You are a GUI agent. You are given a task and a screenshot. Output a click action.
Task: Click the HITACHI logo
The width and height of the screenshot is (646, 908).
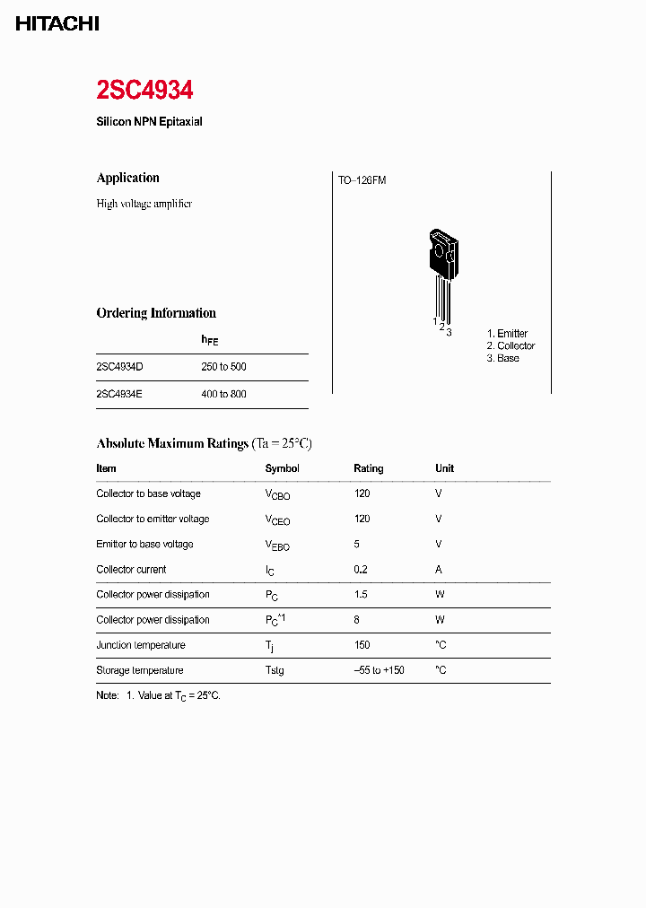pos(57,24)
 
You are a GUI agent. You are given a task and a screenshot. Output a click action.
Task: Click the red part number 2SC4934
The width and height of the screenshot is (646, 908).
pos(144,91)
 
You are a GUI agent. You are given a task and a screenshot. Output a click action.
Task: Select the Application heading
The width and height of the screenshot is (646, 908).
pos(127,178)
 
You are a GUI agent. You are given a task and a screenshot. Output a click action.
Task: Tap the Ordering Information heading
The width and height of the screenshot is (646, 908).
pos(156,313)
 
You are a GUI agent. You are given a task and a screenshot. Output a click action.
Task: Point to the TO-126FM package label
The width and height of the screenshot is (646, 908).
pos(362,180)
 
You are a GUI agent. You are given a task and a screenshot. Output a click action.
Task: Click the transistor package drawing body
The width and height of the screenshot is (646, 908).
pos(442,255)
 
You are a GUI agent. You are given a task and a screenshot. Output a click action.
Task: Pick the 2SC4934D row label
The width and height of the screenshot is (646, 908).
pos(119,367)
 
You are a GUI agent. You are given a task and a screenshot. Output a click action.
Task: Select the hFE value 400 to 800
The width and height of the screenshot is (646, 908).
pos(223,394)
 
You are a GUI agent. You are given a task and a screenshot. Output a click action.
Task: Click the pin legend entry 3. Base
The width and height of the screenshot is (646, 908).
pos(502,358)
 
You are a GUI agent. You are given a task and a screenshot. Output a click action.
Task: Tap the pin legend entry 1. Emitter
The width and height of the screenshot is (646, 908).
pos(507,333)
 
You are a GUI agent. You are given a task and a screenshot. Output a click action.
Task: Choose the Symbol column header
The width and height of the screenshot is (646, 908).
pos(282,468)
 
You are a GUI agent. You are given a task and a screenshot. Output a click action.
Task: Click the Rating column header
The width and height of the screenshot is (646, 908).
pos(368,468)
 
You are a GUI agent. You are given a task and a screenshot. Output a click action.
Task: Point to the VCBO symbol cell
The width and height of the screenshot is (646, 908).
pos(277,494)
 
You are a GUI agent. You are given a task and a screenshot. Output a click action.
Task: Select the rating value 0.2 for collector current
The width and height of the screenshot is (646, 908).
pos(361,569)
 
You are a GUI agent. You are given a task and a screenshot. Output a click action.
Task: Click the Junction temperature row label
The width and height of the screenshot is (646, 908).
pos(141,645)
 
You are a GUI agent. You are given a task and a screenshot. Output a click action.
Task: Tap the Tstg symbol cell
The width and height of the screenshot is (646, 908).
pos(275,670)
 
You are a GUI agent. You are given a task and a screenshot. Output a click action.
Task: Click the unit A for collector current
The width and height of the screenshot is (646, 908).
pos(439,569)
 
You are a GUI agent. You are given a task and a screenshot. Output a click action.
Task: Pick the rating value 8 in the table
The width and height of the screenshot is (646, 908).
pos(357,620)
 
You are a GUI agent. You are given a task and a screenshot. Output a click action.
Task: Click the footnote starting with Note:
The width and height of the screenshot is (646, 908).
pos(158,695)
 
